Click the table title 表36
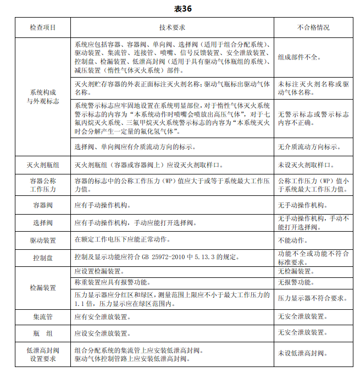[x=180, y=8]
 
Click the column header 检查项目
[x=43, y=27]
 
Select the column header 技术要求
[x=171, y=27]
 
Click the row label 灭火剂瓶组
[x=43, y=165]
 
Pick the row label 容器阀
[x=43, y=205]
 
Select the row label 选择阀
[x=43, y=223]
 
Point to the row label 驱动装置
[x=43, y=240]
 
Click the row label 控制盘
[x=43, y=258]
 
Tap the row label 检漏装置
[x=43, y=288]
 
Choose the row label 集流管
[x=43, y=317]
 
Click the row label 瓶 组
[x=43, y=333]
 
